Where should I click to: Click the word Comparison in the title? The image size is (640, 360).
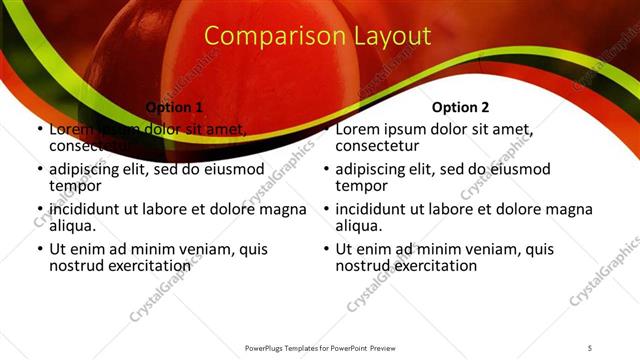click(x=263, y=36)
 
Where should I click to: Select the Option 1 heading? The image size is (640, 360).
click(x=174, y=106)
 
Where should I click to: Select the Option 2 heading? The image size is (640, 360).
click(x=460, y=106)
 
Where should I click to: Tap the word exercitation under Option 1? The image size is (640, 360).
click(x=149, y=266)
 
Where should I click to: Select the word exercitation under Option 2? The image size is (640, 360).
click(x=435, y=266)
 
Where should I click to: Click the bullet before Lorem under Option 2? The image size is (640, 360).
click(x=325, y=129)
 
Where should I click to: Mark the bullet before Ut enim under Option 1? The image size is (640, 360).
click(x=39, y=250)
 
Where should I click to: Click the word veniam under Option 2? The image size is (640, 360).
click(x=468, y=250)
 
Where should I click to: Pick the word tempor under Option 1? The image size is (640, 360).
click(x=74, y=185)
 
